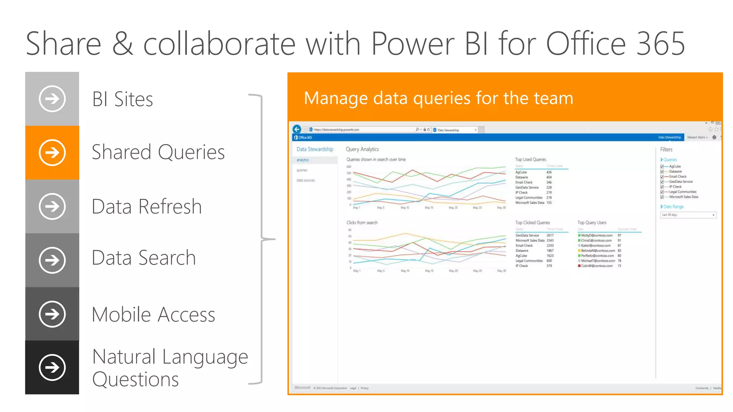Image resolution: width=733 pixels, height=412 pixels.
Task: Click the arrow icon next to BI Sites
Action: pos(52,99)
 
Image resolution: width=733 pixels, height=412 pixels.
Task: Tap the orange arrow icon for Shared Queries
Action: pos(52,153)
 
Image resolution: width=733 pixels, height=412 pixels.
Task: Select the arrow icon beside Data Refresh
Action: pos(52,206)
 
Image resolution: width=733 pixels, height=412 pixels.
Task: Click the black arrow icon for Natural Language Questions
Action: pos(52,367)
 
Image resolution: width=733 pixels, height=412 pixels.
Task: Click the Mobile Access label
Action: pos(153,315)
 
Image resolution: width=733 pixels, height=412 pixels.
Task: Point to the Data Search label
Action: pos(144,258)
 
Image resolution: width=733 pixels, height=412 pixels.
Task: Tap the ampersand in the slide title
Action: pos(123,44)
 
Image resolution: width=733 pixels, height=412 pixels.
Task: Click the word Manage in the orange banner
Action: pos(335,98)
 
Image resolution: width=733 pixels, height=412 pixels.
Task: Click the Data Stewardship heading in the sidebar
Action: pos(315,149)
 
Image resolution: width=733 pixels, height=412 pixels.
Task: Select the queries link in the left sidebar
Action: pos(302,170)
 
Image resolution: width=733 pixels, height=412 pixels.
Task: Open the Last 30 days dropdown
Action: pos(688,215)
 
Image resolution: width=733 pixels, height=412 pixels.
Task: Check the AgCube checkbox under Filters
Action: pos(662,166)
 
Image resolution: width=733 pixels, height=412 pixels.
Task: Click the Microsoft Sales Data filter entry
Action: pos(683,197)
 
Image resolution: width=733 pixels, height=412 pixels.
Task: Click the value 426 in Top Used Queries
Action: pos(549,172)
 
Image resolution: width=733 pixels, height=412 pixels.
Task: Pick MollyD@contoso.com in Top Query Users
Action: pos(597,235)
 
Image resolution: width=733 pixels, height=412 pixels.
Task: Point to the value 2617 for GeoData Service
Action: pos(550,235)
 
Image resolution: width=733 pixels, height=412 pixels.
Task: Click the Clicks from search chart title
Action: pos(362,222)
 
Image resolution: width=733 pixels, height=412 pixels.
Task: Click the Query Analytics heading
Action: pos(362,149)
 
